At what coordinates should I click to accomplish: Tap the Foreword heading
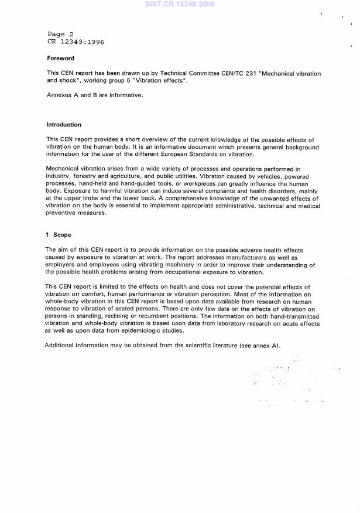(61, 59)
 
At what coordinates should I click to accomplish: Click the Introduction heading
(64, 125)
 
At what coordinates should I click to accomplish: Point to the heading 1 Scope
(59, 235)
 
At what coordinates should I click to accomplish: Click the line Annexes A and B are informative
(94, 95)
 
